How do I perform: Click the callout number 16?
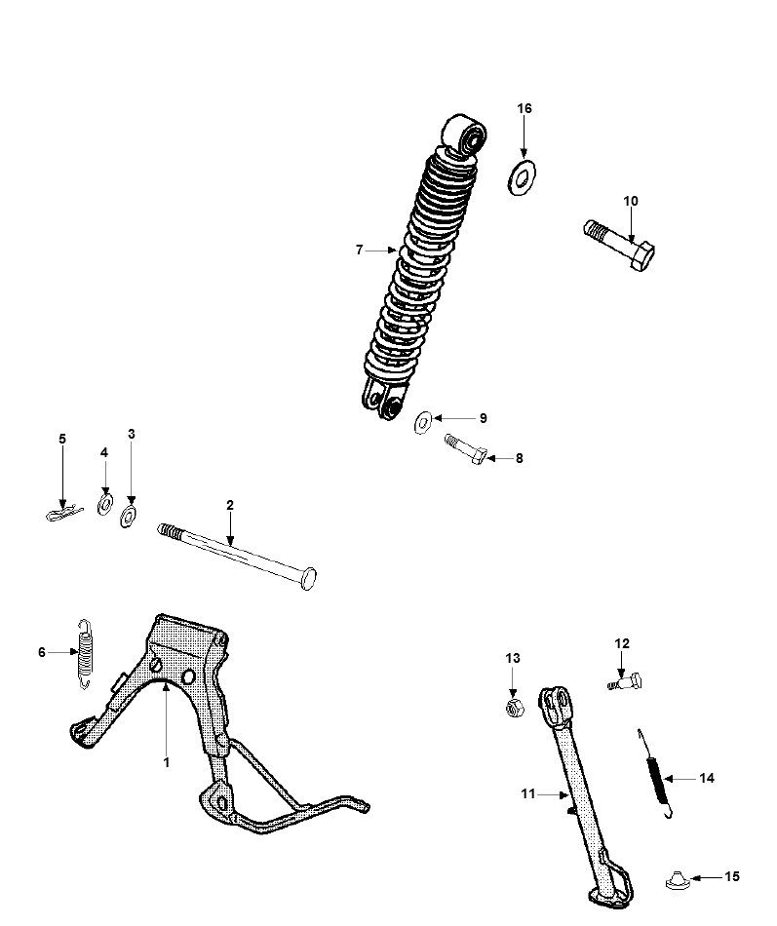tap(524, 108)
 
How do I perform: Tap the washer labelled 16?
tap(524, 178)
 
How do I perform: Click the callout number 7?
tap(359, 251)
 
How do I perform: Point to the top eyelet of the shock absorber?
tap(465, 135)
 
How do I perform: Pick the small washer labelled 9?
tap(424, 421)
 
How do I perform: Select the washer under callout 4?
tap(104, 505)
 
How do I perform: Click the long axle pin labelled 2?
tap(237, 556)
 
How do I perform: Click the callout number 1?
tap(166, 762)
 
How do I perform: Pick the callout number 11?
tap(527, 794)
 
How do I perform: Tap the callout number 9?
tap(482, 418)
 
